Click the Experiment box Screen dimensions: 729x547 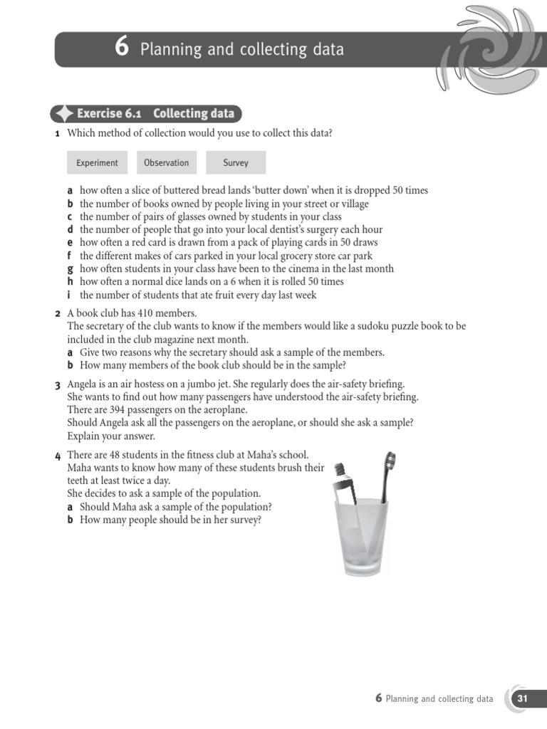97,163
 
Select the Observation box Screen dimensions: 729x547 166,163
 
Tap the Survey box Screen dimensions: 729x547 236,163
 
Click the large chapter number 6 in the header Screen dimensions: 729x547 122,48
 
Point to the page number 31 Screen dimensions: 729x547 523,698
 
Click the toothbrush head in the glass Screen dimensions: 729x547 390,463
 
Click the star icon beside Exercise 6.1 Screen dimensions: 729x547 64,114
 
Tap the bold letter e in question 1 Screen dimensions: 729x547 70,243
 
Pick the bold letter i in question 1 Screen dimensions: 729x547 70,295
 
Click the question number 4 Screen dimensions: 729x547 58,456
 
